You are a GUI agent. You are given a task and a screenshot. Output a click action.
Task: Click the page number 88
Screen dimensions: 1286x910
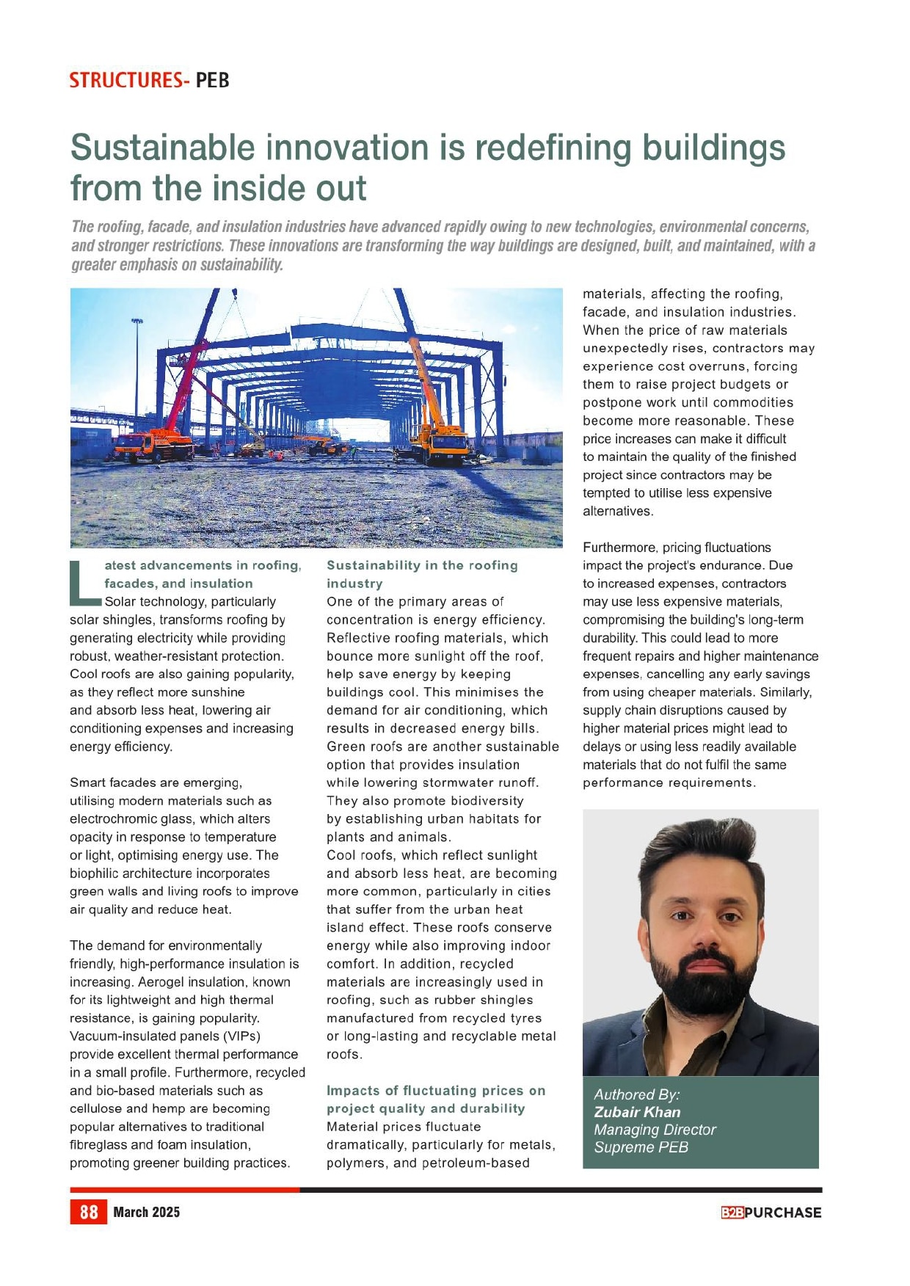point(89,1212)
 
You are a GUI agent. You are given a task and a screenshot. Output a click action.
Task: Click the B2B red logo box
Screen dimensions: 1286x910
point(732,1213)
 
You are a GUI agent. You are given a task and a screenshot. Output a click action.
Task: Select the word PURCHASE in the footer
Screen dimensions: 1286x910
point(782,1213)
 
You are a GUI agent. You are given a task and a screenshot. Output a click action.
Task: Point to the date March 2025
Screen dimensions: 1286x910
point(146,1212)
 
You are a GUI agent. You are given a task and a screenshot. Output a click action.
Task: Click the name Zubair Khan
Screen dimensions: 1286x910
point(637,1112)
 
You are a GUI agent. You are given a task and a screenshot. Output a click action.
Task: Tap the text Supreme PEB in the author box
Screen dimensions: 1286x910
point(641,1147)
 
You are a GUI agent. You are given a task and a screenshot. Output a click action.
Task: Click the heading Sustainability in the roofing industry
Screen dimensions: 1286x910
point(422,574)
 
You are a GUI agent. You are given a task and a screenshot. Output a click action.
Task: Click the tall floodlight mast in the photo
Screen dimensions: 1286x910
point(137,367)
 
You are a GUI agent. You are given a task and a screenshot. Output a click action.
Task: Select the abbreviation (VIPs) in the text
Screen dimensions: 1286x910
point(236,1036)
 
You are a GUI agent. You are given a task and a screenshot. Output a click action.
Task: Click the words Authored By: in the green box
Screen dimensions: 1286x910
point(636,1094)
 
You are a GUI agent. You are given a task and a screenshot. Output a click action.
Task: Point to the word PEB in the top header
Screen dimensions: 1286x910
point(213,80)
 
